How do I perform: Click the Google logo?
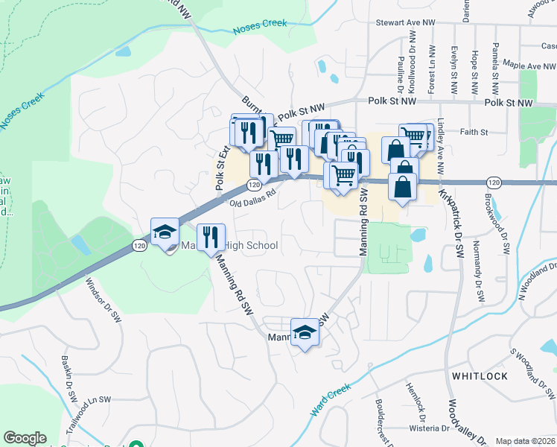(25, 438)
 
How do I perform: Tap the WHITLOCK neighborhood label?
(477, 376)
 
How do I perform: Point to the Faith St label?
(474, 133)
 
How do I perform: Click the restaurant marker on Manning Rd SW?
(211, 238)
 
